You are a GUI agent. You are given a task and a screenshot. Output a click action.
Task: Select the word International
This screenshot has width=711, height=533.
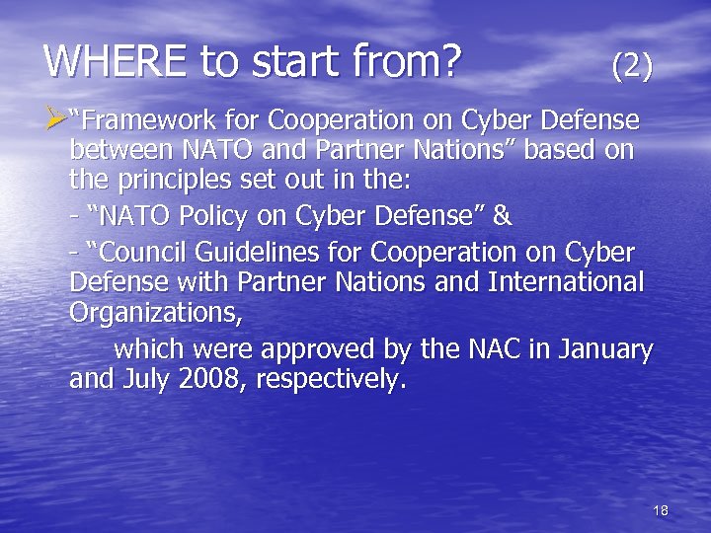[x=566, y=282]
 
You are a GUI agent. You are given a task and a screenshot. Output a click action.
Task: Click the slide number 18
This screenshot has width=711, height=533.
[x=661, y=510]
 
